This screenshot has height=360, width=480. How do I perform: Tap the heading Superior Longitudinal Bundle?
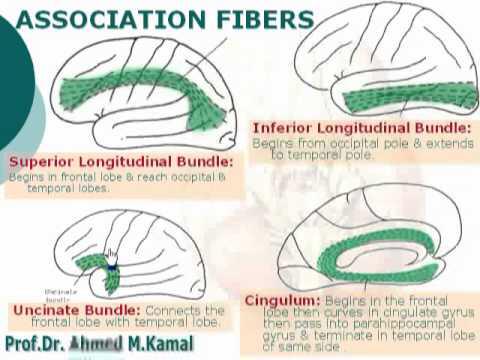click(121, 161)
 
